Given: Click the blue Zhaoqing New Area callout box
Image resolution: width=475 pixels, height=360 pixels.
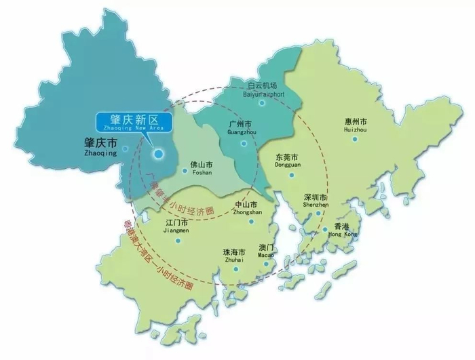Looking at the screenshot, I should [134, 122].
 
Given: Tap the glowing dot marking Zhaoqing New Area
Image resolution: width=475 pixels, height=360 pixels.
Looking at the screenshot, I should [158, 155].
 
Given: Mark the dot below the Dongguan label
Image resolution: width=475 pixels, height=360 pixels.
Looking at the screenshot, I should [292, 174].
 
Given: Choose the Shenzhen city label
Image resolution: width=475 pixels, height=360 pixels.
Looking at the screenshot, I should [316, 200].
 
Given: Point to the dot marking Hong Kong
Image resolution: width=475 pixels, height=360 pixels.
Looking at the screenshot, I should [325, 228].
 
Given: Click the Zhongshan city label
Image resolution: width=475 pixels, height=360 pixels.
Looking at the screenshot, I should [246, 208].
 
